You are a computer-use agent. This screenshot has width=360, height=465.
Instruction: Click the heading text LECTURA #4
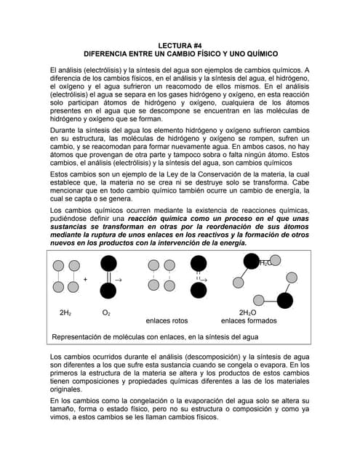click(180, 44)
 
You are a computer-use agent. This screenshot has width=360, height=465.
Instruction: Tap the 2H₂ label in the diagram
click(65, 312)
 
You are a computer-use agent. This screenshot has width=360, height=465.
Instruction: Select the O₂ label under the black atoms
click(106, 312)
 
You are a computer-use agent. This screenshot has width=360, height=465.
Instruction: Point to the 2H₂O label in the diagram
click(247, 312)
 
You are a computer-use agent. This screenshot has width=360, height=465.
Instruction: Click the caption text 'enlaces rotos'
click(167, 320)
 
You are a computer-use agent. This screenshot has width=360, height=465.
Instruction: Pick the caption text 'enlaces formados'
click(249, 320)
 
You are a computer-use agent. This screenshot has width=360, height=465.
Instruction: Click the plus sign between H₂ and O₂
click(85, 280)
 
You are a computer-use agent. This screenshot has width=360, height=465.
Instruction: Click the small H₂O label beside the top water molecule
click(266, 263)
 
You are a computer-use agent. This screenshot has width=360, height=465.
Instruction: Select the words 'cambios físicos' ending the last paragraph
click(181, 418)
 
